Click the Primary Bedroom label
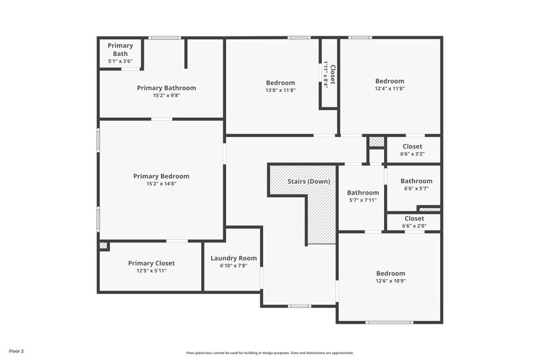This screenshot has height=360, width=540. click(x=161, y=176)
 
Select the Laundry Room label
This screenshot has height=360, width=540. click(x=234, y=258)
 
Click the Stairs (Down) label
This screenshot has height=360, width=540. click(x=308, y=182)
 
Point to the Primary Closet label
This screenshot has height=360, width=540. click(x=151, y=263)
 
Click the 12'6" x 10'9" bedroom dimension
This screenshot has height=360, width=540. click(x=390, y=281)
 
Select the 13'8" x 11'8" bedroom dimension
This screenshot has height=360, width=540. click(x=280, y=90)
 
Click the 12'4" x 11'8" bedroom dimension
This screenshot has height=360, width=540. click(x=389, y=88)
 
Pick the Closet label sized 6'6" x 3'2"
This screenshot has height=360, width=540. click(x=412, y=147)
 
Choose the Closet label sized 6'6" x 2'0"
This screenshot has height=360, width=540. click(x=414, y=218)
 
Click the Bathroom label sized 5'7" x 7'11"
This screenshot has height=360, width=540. click(x=362, y=192)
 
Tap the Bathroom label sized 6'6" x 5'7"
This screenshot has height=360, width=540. click(x=416, y=181)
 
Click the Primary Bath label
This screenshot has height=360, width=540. click(x=120, y=49)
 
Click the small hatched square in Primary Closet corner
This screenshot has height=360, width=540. click(x=103, y=246)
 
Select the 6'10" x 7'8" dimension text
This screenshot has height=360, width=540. click(x=234, y=266)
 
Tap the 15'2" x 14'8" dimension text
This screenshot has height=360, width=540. click(x=161, y=184)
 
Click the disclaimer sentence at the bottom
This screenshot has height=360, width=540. click(x=269, y=353)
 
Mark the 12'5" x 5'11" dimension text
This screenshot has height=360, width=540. click(x=151, y=271)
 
